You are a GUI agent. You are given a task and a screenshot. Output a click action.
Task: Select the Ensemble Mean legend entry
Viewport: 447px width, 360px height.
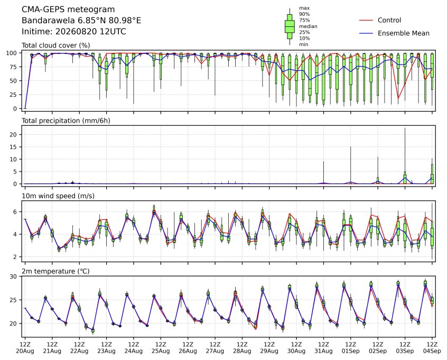click(394, 33)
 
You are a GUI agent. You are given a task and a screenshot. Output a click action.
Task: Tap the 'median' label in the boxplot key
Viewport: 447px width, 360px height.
click(308, 26)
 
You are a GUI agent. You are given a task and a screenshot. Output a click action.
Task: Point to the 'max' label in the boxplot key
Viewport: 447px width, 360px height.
click(304, 8)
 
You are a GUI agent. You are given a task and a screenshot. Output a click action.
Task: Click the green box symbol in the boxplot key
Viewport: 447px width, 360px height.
click(290, 26)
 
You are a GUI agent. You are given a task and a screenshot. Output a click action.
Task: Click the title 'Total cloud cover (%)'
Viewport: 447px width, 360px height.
click(56, 45)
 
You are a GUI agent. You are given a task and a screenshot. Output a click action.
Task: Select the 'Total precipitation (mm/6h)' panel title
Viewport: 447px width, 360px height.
click(66, 121)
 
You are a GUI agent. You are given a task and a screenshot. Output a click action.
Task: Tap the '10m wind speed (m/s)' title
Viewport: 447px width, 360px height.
click(58, 196)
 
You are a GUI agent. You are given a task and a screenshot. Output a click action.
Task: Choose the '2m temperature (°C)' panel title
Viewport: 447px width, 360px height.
click(55, 271)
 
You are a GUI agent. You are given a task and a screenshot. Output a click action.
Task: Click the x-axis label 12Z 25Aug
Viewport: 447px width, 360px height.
click(161, 348)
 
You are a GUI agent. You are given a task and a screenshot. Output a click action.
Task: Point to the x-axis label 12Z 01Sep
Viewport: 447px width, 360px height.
click(351, 348)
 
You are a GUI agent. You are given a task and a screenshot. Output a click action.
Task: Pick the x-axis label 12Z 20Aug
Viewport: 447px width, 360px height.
click(25, 348)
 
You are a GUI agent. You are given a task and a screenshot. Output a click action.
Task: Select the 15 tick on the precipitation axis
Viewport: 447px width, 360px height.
click(14, 147)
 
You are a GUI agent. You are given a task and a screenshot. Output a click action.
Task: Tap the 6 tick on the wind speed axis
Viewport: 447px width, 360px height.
click(15, 211)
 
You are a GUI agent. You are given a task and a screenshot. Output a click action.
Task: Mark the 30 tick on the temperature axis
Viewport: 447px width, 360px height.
click(14, 276)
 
